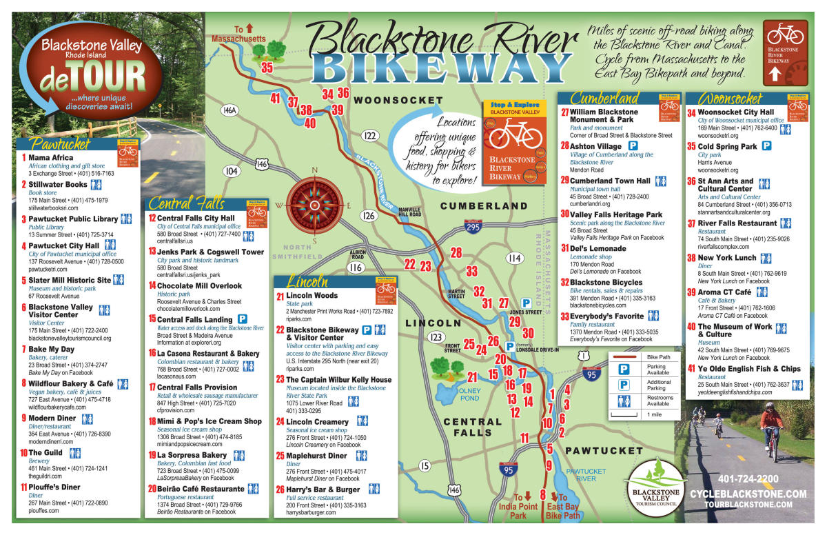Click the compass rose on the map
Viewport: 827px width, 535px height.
pos(314,204)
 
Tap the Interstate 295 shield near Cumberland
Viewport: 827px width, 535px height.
pos(473,227)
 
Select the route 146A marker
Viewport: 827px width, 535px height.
pos(229,110)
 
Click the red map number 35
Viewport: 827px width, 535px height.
pos(266,68)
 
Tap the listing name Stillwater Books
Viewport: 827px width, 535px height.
pos(58,185)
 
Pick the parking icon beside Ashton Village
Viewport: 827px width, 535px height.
pos(633,146)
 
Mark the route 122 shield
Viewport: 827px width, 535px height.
pos(370,135)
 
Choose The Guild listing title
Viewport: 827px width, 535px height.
pos(45,453)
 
